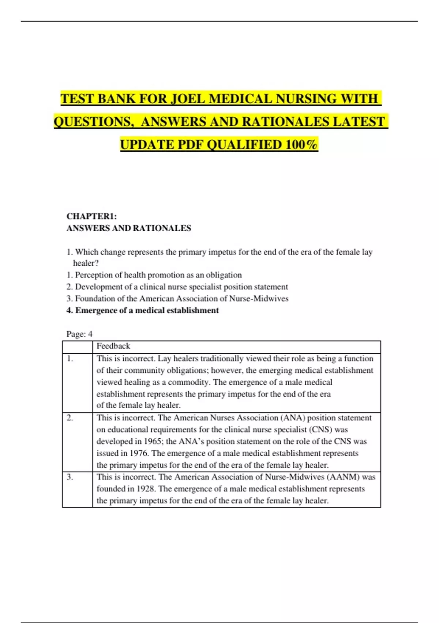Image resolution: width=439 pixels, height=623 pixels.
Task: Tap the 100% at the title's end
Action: click(301, 145)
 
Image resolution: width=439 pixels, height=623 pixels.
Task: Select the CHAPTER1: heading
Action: click(91, 216)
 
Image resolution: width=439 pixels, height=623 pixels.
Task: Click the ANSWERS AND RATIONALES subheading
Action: click(129, 228)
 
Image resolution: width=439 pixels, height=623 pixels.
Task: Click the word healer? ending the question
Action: click(86, 263)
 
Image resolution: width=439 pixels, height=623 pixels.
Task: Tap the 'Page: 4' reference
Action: click(79, 334)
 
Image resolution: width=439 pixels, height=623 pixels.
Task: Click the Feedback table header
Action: click(113, 346)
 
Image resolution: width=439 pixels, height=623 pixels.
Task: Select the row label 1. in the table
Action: click(70, 359)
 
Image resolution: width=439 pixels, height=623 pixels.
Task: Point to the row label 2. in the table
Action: click(70, 418)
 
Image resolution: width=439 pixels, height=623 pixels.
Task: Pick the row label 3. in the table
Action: click(70, 477)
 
